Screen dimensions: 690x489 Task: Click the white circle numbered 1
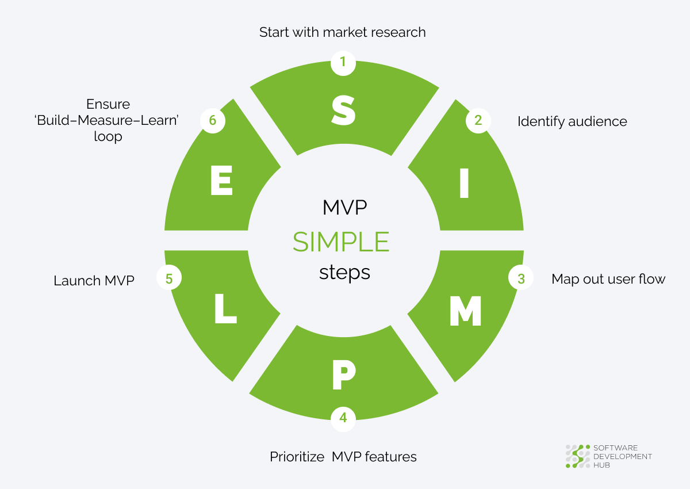pos(343,63)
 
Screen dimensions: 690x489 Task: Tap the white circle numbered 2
pos(478,121)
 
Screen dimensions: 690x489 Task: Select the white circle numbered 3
pos(521,277)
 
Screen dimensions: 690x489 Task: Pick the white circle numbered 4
pos(343,419)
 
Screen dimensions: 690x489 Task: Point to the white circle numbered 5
pos(169,277)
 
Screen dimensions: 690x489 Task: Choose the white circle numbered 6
pos(213,121)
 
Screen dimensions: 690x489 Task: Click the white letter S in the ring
pos(343,110)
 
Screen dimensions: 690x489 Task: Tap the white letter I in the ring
pos(464,183)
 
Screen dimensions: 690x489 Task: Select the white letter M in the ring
pos(465,311)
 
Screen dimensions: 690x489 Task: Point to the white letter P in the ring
pos(344,375)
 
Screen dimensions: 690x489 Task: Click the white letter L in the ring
pos(225,308)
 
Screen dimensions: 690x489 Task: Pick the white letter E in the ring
pos(221,180)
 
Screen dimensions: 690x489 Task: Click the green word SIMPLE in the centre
pos(341,242)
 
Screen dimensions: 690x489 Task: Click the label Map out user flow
pos(608,279)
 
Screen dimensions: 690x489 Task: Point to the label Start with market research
pos(343,32)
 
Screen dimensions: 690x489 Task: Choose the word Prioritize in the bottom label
pos(297,457)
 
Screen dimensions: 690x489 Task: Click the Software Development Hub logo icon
pos(577,456)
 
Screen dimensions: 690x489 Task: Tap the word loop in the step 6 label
pos(108,137)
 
